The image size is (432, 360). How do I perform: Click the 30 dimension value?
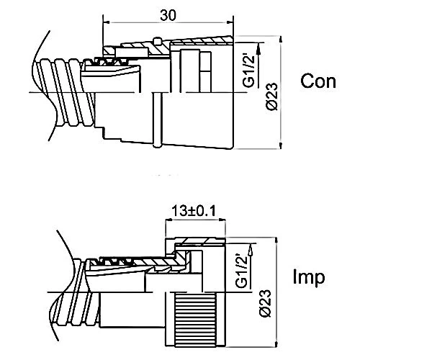[x=168, y=16]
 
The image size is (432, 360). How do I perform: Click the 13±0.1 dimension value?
[x=194, y=211]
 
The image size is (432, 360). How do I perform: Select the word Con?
[x=318, y=81]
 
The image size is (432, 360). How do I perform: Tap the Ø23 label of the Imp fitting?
[x=266, y=303]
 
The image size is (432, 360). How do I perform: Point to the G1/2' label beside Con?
[x=250, y=71]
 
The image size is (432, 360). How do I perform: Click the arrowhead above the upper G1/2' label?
[x=258, y=48]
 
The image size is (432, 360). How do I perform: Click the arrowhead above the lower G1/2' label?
[x=251, y=248]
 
